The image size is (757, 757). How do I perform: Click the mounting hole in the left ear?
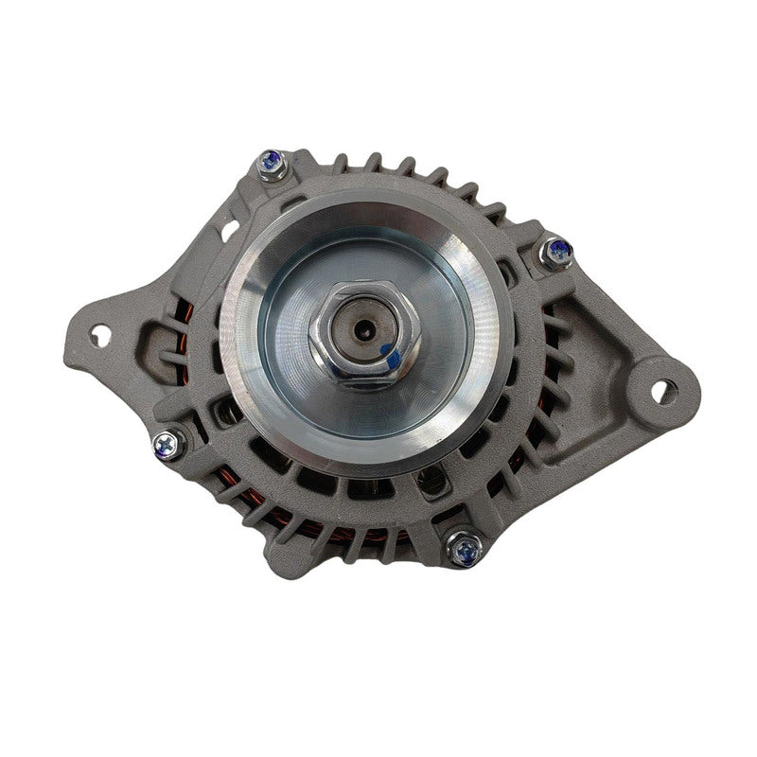99,333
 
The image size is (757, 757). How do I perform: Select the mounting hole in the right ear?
664,390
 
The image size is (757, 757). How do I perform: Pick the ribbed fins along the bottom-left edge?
237,502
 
